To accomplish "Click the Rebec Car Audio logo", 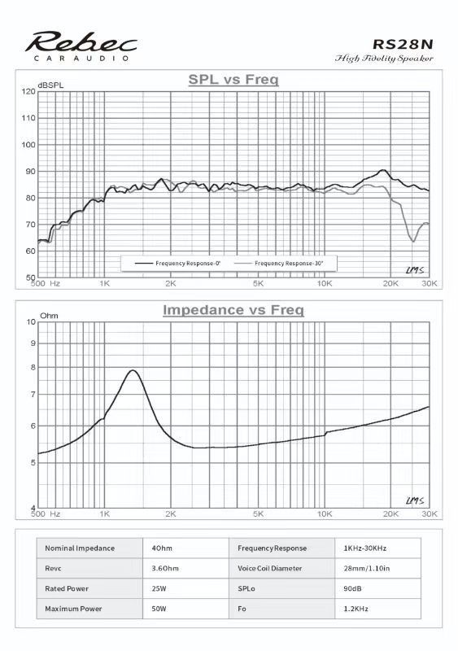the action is (81, 46).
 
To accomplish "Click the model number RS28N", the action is (403, 44).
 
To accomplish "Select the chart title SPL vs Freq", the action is (233, 79).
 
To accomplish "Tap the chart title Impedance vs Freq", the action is (233, 310).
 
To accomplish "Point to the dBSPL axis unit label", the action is (50, 85).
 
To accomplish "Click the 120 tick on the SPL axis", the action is (28, 91).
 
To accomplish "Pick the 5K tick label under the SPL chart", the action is (258, 283).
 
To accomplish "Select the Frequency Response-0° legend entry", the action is (177, 263).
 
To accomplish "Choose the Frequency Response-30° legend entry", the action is (278, 263).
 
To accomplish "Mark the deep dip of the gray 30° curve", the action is (413, 241).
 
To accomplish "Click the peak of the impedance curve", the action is (133, 370).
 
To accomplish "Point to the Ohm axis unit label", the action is (49, 316).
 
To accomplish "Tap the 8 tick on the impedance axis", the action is (33, 368).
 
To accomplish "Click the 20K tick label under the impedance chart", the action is (390, 514).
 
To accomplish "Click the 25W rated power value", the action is (159, 588).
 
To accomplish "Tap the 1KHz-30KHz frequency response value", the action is (365, 548).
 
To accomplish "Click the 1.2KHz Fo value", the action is (355, 609).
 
